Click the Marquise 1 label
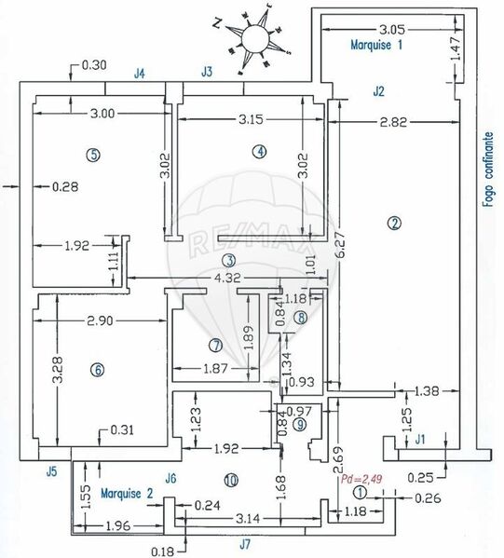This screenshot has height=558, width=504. [376, 45]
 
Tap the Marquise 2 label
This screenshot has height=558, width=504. [127, 493]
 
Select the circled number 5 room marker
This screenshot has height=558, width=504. [93, 155]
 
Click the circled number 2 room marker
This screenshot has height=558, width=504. [394, 224]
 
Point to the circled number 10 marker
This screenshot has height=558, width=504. [231, 481]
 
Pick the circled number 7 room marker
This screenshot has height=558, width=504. [216, 346]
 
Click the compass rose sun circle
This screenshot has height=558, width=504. [254, 37]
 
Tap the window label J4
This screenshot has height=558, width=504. [140, 74]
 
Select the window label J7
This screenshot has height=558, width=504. [244, 544]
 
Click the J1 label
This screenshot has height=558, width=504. [420, 440]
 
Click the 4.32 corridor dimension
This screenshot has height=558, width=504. [227, 278]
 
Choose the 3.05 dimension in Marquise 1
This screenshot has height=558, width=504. [392, 30]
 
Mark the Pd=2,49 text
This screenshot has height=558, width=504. [361, 479]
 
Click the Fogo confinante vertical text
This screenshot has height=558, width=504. [489, 170]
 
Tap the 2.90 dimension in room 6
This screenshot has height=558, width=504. [100, 321]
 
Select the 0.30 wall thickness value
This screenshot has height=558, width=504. [94, 65]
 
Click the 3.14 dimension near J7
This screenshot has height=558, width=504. [248, 519]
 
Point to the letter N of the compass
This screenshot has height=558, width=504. [217, 23]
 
